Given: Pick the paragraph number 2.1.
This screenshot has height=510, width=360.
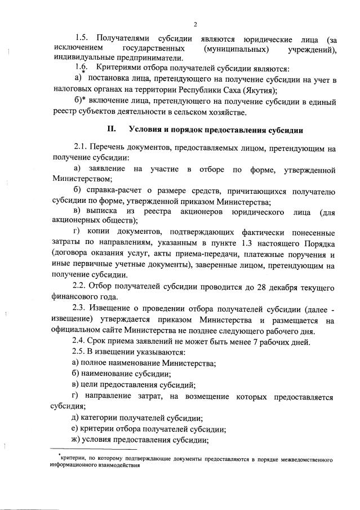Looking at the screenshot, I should tap(80, 149).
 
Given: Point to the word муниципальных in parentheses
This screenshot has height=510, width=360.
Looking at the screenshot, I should tap(236, 49).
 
